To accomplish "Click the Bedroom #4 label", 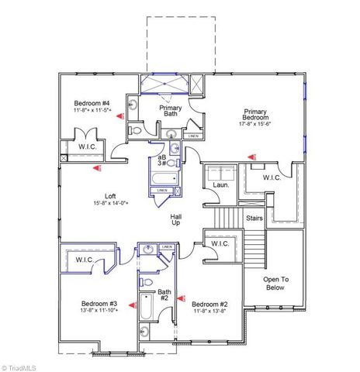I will [x=92, y=103].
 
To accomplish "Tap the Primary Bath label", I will [x=171, y=112].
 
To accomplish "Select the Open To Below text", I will [x=275, y=283].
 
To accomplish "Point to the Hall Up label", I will [x=176, y=220].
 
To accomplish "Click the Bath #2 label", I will [x=164, y=294].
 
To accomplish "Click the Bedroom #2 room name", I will [x=209, y=304].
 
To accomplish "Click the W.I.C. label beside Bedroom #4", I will [x=86, y=146].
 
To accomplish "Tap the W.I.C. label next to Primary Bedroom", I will [x=272, y=177].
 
